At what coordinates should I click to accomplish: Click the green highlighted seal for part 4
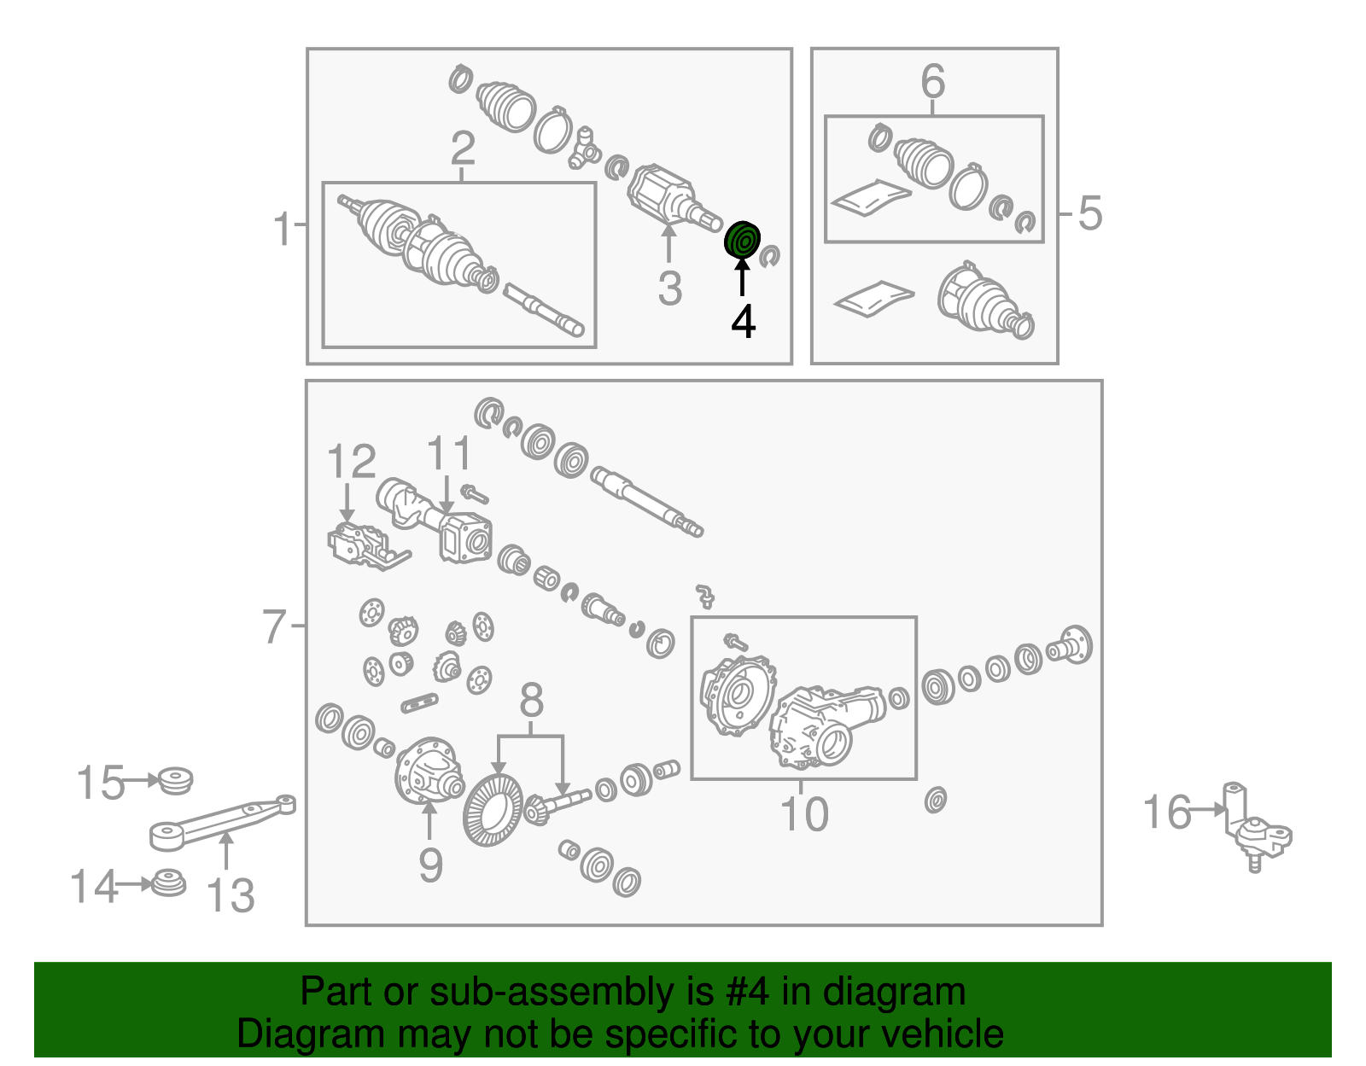(x=742, y=239)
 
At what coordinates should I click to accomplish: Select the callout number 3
(x=670, y=288)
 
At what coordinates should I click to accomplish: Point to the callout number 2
(x=464, y=149)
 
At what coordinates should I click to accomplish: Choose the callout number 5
(x=1090, y=213)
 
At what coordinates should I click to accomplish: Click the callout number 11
(x=449, y=453)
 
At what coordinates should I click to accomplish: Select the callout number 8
(x=531, y=700)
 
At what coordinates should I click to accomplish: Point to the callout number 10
(x=804, y=814)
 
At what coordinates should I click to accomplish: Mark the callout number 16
(x=1167, y=812)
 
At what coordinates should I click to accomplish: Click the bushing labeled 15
(x=175, y=781)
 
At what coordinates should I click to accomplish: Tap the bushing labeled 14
(x=169, y=883)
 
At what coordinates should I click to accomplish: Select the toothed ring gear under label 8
(x=493, y=810)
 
